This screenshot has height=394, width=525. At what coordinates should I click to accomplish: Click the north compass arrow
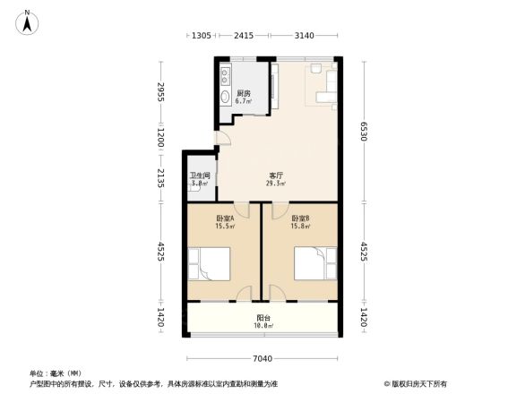click(x=29, y=21)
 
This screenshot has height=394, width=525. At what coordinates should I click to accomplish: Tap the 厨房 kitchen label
click(x=244, y=94)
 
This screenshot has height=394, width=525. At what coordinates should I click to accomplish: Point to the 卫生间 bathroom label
click(x=200, y=176)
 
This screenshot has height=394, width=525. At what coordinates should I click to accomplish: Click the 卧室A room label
click(x=224, y=218)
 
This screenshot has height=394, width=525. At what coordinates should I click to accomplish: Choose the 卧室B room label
click(x=300, y=218)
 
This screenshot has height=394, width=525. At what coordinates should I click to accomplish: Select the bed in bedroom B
click(x=315, y=265)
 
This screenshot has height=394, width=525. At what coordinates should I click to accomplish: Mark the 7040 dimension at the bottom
click(x=262, y=359)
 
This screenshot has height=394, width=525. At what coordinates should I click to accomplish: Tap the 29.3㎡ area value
click(x=276, y=184)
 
